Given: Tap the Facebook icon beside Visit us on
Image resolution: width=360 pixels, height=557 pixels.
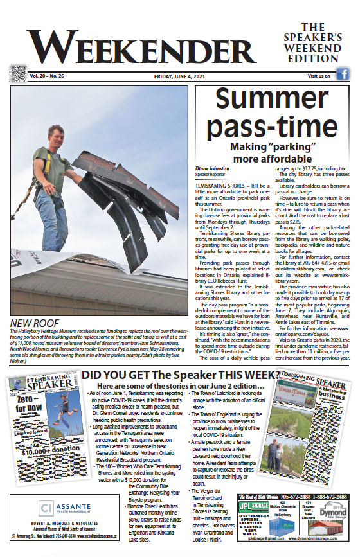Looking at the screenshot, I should click(x=343, y=75).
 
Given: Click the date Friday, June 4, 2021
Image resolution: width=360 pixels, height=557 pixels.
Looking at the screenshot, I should click(x=179, y=76).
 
